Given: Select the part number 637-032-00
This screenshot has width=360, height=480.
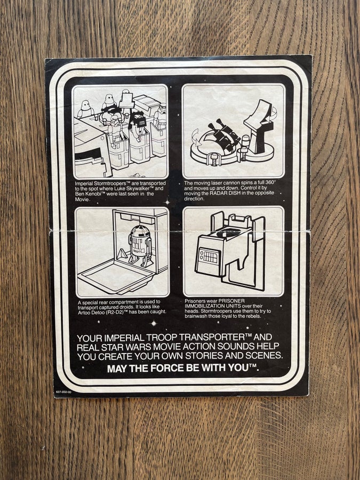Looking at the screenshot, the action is pos(63,392).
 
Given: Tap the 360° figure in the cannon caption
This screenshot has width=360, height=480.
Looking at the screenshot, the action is pos(270,183).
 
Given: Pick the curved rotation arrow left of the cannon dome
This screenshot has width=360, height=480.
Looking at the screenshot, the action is pos(196,138).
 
